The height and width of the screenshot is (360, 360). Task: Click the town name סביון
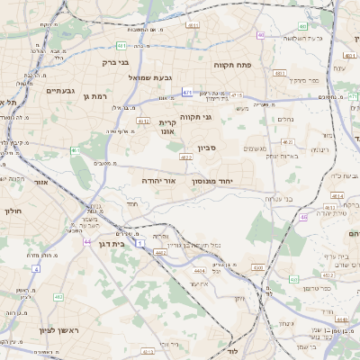click(x=196, y=147)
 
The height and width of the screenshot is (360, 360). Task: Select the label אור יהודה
click(x=157, y=180)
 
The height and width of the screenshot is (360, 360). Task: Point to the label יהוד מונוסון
click(x=211, y=181)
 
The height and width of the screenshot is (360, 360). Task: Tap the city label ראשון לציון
click(x=59, y=330)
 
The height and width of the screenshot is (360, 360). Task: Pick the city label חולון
click(x=13, y=211)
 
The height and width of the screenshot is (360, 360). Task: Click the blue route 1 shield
click(x=140, y=244)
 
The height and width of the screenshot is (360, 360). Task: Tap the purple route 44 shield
click(x=87, y=241)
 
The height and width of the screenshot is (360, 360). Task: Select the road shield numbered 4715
click(x=237, y=94)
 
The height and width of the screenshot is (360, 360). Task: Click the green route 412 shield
click(x=58, y=296)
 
